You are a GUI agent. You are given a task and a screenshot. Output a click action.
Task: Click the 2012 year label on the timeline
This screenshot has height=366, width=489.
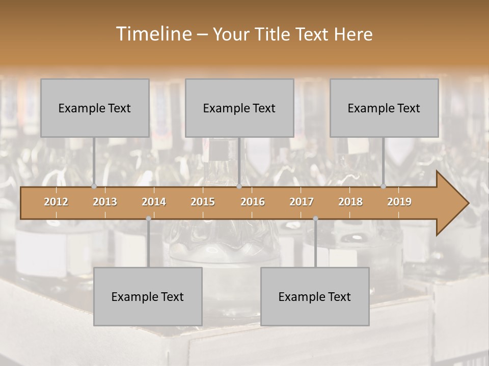click(56, 202)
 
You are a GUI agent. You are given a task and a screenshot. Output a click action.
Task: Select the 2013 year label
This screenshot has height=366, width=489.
click(105, 202)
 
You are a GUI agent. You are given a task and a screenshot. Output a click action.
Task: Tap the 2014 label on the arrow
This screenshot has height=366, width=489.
click(154, 202)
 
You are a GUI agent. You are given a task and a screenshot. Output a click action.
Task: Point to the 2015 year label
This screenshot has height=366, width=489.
click(203, 202)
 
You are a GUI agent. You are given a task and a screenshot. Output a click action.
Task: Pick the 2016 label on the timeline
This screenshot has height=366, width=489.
click(253, 202)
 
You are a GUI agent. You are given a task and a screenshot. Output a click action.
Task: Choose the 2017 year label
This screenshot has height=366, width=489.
click(302, 202)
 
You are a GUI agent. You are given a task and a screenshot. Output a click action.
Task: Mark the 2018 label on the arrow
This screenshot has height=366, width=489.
click(350, 202)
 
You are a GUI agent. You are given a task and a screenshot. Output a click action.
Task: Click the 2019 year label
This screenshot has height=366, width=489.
click(399, 202)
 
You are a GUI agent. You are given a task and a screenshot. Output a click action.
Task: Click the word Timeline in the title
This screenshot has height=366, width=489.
click(153, 34)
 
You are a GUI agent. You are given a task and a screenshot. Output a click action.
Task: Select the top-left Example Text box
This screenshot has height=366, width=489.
click(95, 108)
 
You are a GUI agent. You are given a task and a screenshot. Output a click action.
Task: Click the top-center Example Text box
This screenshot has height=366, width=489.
click(239, 108)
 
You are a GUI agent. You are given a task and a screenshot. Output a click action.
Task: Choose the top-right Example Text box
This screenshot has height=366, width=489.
click(384, 108)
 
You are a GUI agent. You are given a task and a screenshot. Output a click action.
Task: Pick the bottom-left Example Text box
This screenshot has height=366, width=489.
click(148, 296)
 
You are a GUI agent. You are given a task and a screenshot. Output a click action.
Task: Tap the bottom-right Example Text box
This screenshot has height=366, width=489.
click(315, 296)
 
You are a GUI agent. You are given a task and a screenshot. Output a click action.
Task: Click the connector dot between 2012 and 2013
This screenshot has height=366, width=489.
click(94, 187)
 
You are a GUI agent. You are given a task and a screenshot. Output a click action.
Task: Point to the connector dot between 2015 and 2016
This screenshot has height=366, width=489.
click(239, 187)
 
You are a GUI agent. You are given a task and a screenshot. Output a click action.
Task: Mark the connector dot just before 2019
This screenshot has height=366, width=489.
click(384, 187)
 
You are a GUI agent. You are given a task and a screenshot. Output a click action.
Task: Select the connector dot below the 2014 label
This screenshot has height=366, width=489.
click(148, 219)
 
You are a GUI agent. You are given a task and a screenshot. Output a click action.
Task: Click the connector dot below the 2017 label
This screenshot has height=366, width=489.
click(315, 219)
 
